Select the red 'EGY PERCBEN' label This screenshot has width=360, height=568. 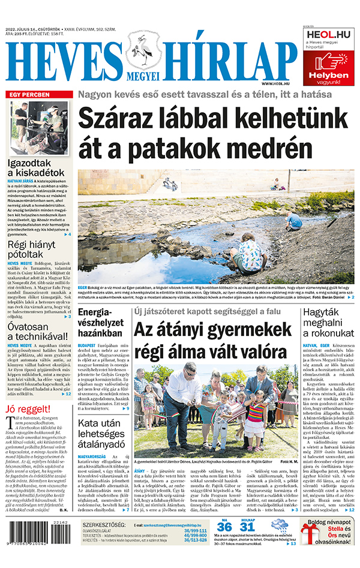click(x=30, y=95)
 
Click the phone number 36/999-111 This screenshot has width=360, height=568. click(x=195, y=531)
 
